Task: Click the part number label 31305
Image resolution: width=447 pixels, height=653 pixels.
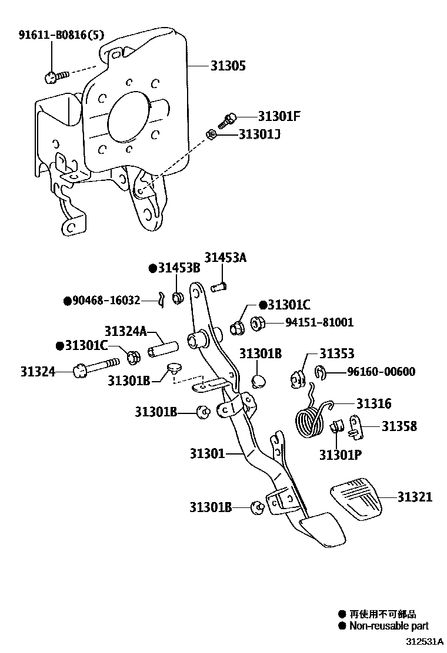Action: click(x=228, y=66)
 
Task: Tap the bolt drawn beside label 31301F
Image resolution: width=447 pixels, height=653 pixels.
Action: click(x=227, y=120)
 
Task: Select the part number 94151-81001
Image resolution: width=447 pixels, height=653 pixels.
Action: click(x=319, y=322)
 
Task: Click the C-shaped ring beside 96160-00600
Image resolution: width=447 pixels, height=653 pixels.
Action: click(x=318, y=371)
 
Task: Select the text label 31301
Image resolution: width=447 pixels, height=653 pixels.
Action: click(x=207, y=453)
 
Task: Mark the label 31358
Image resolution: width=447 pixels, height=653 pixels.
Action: click(x=399, y=426)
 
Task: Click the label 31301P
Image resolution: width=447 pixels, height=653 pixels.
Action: click(x=341, y=455)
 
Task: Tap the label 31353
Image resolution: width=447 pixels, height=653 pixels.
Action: click(x=336, y=354)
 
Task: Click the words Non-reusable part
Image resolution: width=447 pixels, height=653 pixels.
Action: click(x=388, y=626)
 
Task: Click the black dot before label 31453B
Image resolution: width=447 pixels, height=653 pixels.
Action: click(x=152, y=268)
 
